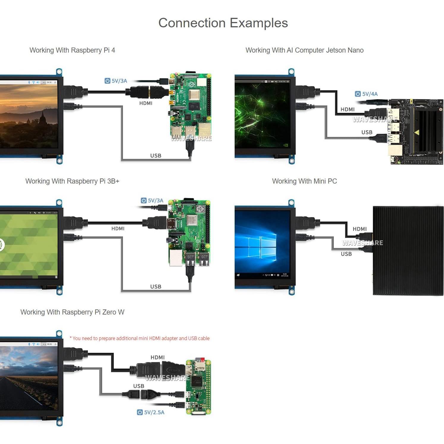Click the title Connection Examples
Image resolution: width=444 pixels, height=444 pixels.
223,23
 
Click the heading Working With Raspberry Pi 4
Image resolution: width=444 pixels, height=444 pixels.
72,50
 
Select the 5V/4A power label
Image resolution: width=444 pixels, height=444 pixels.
366,94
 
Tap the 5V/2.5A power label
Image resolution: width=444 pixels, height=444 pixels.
151,412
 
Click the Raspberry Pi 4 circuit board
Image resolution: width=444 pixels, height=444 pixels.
190,107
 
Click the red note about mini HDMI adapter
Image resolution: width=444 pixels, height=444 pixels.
140,338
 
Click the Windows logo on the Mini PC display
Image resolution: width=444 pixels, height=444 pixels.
260,247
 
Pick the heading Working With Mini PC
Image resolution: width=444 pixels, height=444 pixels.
304,181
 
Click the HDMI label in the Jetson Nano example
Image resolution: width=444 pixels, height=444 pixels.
347,109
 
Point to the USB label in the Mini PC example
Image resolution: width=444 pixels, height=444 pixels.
346,254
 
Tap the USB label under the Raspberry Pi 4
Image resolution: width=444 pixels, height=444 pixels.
156,156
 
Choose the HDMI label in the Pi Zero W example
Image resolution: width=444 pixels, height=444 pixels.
157,357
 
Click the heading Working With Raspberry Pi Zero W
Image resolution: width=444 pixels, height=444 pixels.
72,312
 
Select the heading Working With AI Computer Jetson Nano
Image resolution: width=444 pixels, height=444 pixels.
304,50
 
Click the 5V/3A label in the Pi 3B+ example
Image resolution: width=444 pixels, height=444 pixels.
152,200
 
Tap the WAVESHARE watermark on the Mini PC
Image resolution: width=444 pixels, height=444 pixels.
362,243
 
